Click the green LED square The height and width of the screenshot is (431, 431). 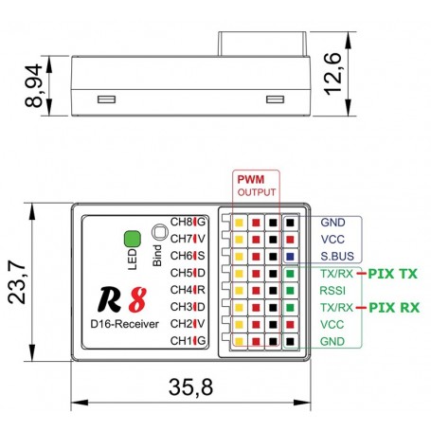133,239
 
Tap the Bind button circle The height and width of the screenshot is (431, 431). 160,232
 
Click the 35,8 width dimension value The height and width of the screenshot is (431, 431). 190,387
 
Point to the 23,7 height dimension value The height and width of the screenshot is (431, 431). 17,282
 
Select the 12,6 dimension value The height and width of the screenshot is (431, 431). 332,74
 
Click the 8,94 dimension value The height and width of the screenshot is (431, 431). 33,86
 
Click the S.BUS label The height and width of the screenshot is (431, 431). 337,256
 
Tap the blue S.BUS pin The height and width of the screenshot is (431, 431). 290,257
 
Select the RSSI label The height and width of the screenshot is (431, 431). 332,291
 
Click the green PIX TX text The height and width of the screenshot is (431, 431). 393,274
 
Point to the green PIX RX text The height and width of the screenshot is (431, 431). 394,308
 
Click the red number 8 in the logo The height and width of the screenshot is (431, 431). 137,299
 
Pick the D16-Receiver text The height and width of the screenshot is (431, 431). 124,324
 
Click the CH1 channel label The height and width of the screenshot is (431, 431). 182,341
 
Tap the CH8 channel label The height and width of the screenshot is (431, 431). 182,222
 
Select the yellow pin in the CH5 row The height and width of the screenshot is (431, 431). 239,274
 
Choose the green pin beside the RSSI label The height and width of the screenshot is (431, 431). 290,291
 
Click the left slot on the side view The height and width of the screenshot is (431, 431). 107,99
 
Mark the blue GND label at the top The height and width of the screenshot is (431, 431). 332,223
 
